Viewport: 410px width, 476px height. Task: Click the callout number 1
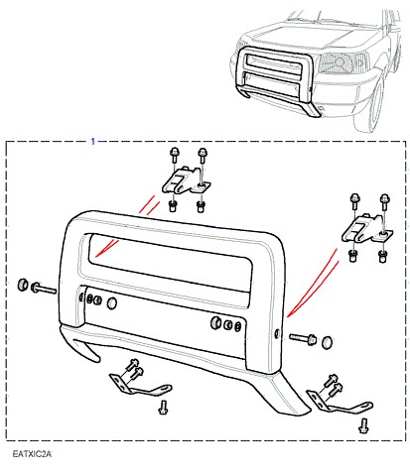pos(93,142)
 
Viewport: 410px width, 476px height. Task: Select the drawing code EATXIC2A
pos(32,454)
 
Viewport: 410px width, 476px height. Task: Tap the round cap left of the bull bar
pos(23,285)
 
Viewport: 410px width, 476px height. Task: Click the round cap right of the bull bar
pos(328,342)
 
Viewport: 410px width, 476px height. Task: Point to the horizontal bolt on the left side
pos(44,289)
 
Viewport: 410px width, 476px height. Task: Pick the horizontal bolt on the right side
pos(303,338)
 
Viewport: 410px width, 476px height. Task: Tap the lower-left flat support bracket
pos(139,385)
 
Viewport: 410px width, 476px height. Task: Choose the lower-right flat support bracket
pos(338,403)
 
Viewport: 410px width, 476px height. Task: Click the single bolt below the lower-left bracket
pos(163,408)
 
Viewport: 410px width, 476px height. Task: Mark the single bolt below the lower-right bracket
pos(363,425)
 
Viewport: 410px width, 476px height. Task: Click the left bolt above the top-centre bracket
pos(174,155)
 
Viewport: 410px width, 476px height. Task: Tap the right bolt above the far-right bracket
pos(384,201)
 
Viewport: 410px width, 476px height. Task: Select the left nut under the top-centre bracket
pos(172,206)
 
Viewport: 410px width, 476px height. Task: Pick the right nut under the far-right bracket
pos(383,257)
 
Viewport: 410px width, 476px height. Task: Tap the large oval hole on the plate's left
pos(112,303)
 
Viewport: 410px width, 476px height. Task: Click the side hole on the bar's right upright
pos(277,334)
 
